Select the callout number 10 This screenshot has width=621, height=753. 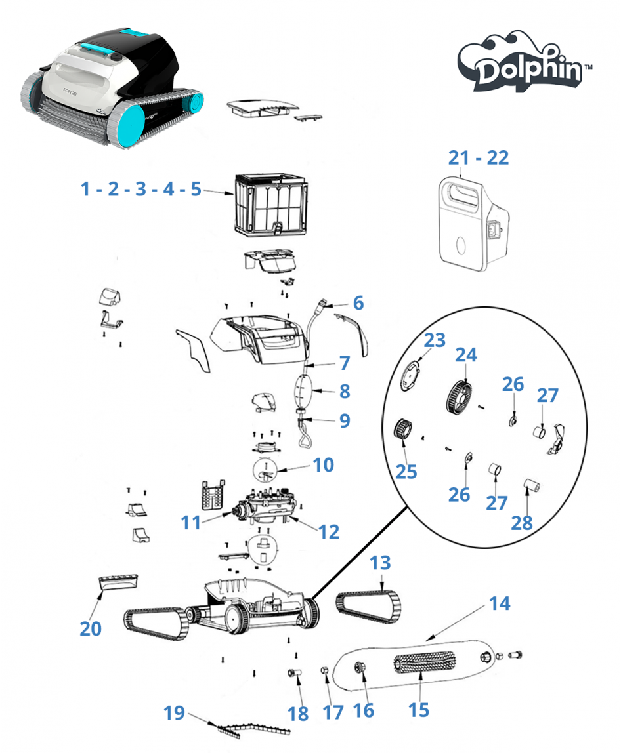(323, 465)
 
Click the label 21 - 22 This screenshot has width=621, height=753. (479, 157)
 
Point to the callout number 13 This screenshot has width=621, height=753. (380, 562)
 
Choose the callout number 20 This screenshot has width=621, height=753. (91, 628)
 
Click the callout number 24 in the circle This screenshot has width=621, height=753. (466, 355)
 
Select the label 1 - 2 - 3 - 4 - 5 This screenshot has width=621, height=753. (140, 189)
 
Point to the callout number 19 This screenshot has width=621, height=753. (174, 713)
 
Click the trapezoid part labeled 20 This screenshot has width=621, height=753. (119, 582)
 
